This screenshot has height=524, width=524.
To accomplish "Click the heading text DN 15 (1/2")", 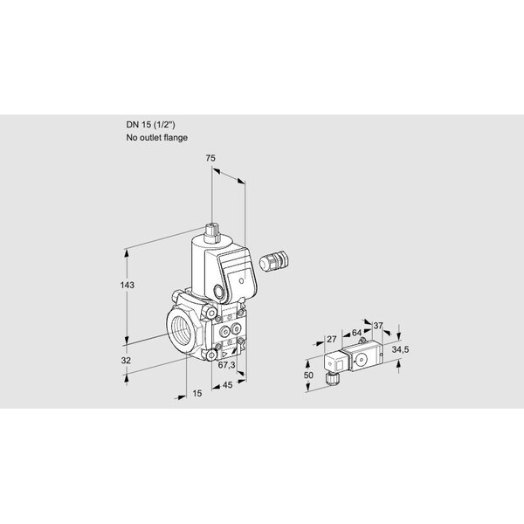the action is point(150,125).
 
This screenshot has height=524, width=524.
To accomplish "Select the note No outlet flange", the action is point(156,138).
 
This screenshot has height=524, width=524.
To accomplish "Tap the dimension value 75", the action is point(210,158).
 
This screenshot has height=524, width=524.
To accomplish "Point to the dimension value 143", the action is point(128,285).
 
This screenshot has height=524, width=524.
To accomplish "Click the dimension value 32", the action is point(126,361).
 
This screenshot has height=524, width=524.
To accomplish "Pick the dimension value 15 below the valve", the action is point(197,393).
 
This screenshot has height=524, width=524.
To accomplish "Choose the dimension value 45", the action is point(227,385).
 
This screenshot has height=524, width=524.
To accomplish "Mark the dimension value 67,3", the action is point(226,365).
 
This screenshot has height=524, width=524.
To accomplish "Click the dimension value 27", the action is point(332,340).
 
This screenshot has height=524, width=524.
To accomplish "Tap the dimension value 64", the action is point(356,333).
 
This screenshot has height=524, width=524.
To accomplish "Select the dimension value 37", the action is point(378,326).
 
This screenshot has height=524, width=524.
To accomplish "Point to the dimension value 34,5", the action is point(400,350).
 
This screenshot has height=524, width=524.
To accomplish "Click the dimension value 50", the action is point(308,376).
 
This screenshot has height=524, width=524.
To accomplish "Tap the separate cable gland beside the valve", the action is point(274,260).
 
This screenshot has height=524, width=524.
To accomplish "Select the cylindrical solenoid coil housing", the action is point(203,264).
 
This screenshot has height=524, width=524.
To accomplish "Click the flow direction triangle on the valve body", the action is point(224,355).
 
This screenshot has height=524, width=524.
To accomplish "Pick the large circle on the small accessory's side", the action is point(361,360).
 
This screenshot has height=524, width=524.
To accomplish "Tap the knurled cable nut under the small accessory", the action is point(333,379).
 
